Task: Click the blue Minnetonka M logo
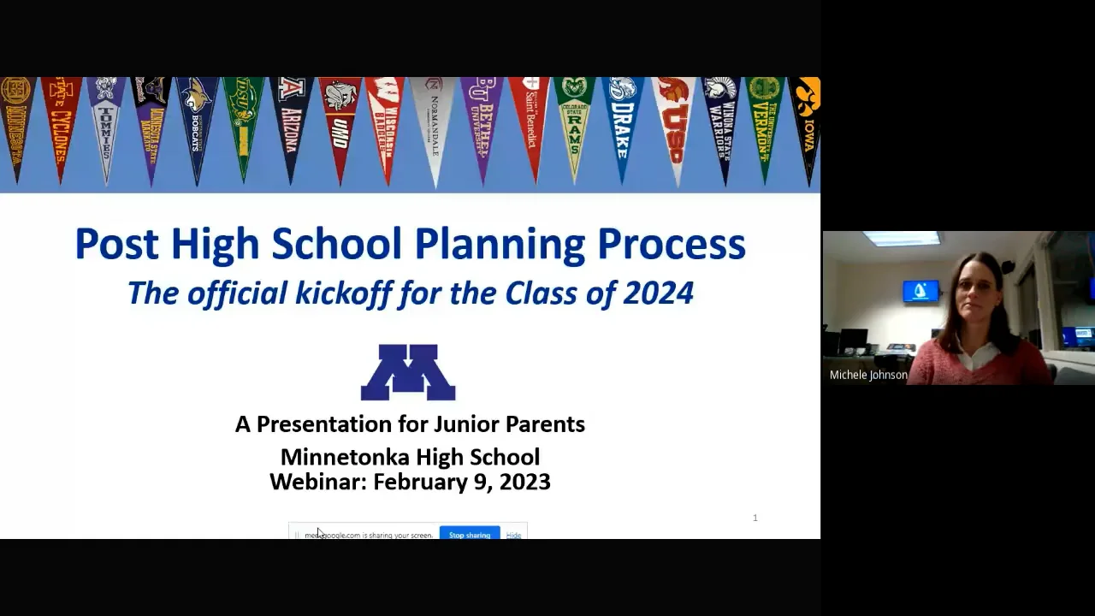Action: [408, 372]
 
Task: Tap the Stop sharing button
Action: [470, 534]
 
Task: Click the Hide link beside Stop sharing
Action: [513, 535]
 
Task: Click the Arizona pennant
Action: [291, 120]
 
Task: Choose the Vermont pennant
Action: [765, 120]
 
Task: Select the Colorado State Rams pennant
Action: [575, 120]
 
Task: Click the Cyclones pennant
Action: [61, 120]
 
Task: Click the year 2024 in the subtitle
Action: [658, 293]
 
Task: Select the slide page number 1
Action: [755, 518]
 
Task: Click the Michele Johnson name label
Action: [868, 375]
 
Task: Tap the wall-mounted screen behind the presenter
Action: [920, 291]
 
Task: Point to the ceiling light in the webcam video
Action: [901, 238]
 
